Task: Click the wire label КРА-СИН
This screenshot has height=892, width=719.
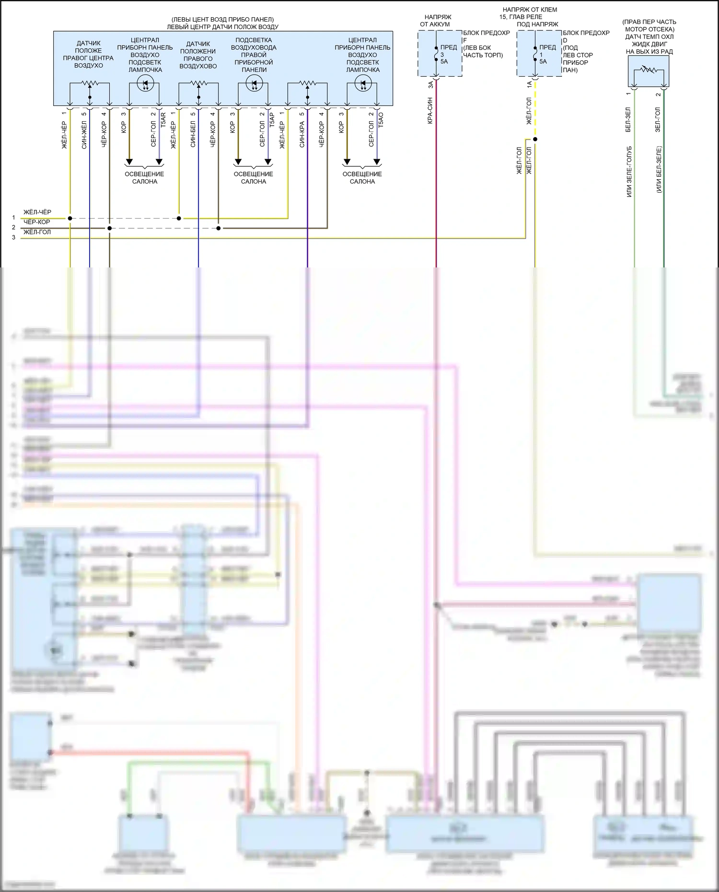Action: [430, 111]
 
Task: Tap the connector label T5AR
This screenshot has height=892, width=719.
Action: [163, 120]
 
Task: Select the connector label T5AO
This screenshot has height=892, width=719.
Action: [381, 120]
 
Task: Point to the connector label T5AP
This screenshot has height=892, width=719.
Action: [272, 120]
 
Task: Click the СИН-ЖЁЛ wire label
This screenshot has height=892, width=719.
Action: [84, 135]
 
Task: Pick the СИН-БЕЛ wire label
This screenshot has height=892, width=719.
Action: [193, 135]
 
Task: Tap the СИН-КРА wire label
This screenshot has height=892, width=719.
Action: [302, 135]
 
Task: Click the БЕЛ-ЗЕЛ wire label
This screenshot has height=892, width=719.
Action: [628, 119]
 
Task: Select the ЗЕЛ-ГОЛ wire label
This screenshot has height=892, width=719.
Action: [658, 119]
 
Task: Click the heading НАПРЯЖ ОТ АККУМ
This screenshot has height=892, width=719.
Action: [435, 21]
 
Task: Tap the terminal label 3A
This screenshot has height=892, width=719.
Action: [430, 84]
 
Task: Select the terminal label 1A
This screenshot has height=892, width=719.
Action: [529, 84]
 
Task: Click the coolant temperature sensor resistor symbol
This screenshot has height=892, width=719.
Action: [649, 70]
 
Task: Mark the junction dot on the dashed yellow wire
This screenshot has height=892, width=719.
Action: [535, 139]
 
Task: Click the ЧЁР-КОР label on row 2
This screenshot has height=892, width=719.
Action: [37, 222]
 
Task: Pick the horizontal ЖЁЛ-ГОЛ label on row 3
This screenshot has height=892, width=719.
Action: [37, 232]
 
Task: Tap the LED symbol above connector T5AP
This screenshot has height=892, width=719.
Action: [254, 84]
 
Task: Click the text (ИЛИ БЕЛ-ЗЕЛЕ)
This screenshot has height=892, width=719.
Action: [659, 169]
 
